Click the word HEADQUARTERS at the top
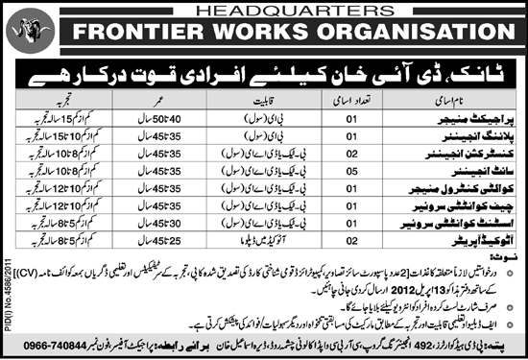click(264, 9)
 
